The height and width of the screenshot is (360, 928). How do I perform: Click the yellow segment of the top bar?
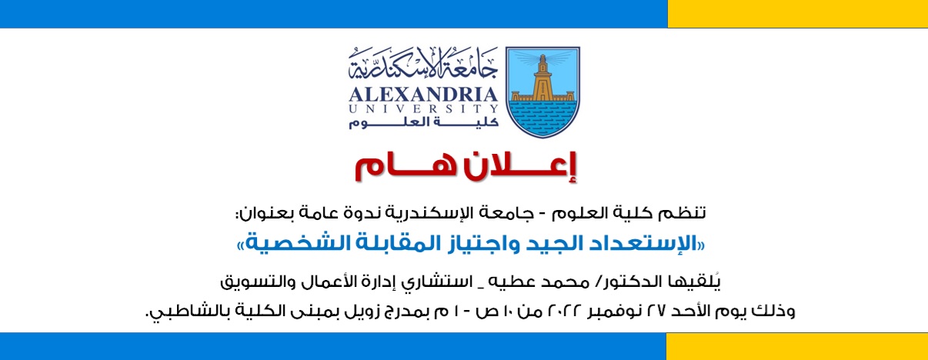(797, 14)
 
